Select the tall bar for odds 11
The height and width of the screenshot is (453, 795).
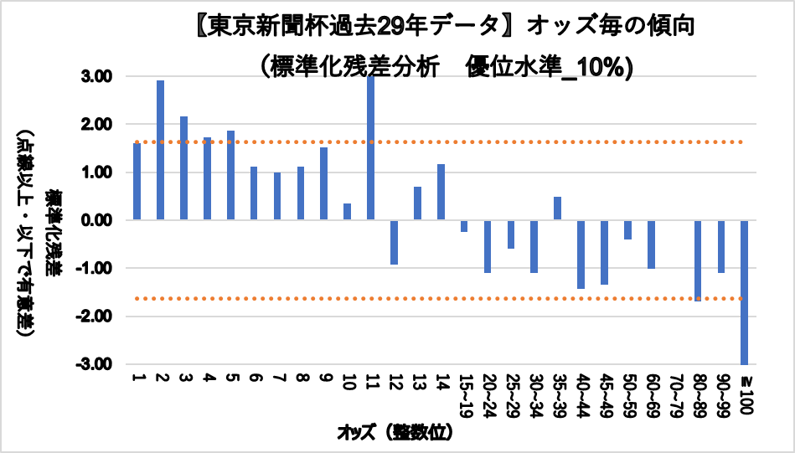tap(370, 148)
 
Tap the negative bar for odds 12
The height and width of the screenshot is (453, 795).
tap(394, 242)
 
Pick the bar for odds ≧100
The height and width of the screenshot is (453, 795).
tap(744, 292)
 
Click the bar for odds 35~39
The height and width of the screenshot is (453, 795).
tap(557, 208)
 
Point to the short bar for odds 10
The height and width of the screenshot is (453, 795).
tap(347, 212)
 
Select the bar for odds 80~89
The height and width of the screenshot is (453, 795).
tap(697, 260)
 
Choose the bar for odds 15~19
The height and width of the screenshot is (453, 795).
tap(463, 226)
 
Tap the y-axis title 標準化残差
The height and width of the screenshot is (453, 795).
tap(52, 231)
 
